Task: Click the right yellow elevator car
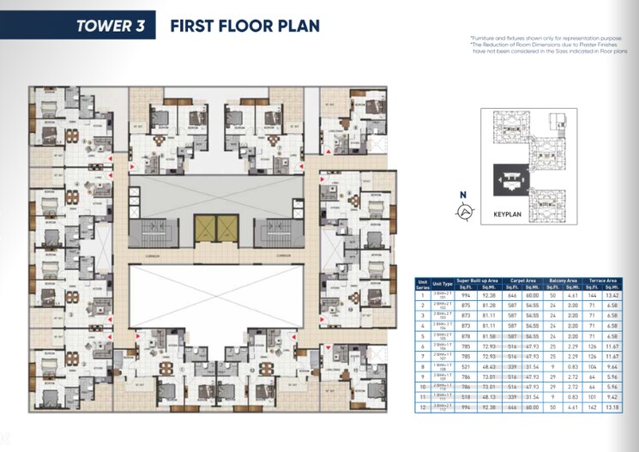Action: point(226,228)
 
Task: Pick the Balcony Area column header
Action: point(561,280)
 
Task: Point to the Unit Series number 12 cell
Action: point(421,407)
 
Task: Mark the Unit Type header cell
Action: point(442,282)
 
